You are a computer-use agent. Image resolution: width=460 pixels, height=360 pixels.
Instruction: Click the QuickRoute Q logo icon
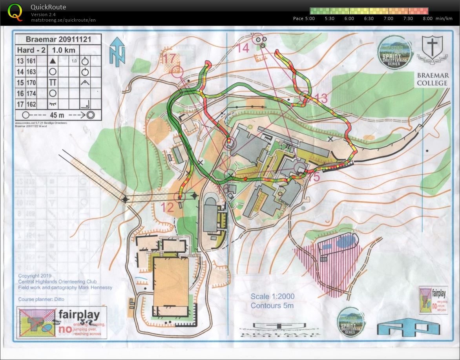pos(15,11)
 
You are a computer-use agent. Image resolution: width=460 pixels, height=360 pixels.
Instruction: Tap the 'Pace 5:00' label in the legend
pos(303,18)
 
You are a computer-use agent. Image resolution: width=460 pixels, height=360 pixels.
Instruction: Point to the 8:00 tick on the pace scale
pos(427,18)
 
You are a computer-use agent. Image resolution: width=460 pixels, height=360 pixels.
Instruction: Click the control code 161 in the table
pos(31,61)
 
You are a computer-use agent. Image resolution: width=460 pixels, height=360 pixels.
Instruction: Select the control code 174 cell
pos(31,93)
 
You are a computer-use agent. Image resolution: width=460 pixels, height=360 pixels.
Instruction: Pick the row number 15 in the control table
pos(20,82)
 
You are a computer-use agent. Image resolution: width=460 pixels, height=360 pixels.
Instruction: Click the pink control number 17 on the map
pos(169,59)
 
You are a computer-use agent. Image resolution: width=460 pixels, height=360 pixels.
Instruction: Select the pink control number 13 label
pos(321,99)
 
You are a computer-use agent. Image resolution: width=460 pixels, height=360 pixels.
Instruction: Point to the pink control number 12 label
pos(167,208)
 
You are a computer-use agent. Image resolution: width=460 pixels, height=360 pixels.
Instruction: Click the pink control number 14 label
pos(243,48)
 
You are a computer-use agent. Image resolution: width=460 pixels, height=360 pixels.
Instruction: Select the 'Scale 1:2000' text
pos(272,296)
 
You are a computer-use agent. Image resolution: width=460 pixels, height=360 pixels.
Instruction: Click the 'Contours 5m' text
pos(272,305)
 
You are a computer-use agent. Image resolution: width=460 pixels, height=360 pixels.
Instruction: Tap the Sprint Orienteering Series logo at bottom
pos(350,322)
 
